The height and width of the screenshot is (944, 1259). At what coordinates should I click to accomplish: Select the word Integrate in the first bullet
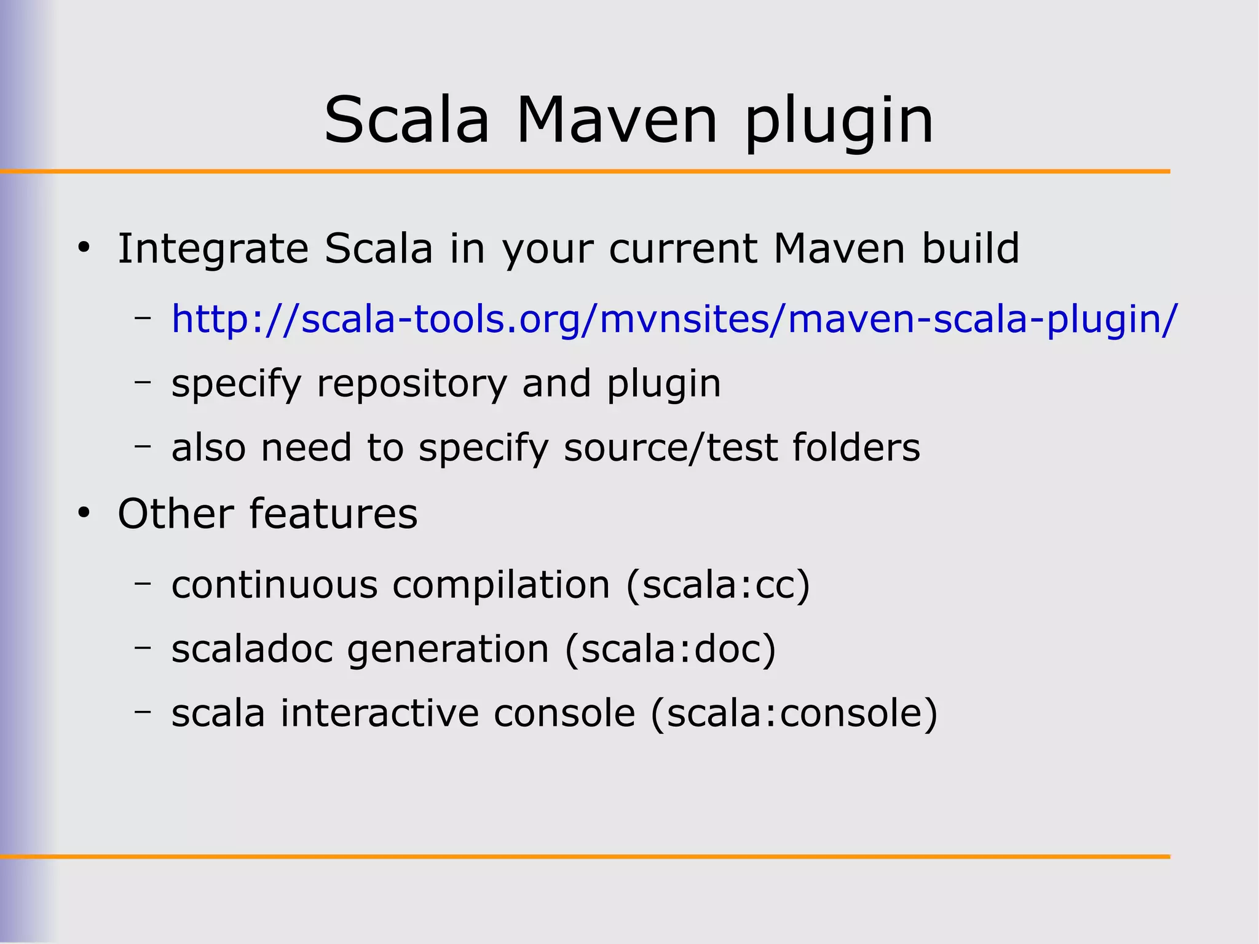click(x=213, y=250)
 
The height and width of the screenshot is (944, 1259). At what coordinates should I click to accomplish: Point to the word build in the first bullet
click(x=971, y=248)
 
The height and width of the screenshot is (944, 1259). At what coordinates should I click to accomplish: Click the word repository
click(x=412, y=384)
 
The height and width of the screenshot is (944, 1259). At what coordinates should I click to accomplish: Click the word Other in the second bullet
click(x=176, y=514)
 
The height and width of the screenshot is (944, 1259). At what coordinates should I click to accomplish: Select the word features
click(x=334, y=514)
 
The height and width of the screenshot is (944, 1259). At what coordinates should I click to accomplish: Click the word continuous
click(x=274, y=585)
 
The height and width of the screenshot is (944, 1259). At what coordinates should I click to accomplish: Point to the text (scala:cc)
click(x=718, y=585)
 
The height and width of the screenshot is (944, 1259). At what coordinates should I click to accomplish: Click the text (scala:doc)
click(x=670, y=649)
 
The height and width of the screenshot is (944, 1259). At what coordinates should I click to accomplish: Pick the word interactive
click(x=380, y=713)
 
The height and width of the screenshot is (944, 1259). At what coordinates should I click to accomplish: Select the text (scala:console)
click(x=794, y=713)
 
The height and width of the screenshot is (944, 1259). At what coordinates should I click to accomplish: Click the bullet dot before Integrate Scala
click(x=84, y=249)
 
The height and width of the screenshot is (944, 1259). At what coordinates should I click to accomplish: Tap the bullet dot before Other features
click(x=84, y=514)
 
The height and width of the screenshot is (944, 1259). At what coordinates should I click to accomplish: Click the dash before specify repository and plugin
click(x=143, y=382)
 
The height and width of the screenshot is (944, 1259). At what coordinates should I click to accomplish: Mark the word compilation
click(x=502, y=585)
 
